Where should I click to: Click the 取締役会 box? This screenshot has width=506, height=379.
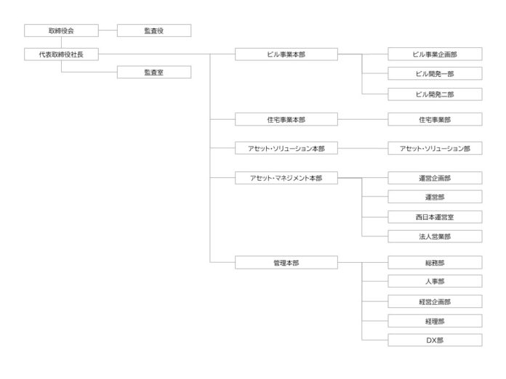[61, 30]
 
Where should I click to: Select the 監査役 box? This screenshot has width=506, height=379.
[153, 30]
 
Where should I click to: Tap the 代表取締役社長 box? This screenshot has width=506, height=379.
[61, 54]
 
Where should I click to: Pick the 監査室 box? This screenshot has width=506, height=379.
[153, 72]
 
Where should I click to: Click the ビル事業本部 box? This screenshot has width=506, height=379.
[286, 54]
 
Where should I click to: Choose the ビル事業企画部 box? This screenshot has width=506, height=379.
[435, 54]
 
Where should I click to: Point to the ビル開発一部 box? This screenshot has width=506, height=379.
[435, 73]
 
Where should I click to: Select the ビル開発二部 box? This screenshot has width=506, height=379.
[435, 94]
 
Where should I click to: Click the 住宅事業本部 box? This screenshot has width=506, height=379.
[286, 118]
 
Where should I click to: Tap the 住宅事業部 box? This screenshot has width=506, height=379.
[435, 118]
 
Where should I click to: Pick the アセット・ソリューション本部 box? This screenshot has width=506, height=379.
[286, 148]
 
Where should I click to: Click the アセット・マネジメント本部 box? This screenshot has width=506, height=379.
[286, 177]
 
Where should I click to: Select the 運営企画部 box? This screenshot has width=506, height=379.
[435, 177]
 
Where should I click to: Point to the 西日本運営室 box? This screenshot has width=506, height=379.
[435, 216]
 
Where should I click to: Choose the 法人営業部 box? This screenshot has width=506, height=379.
[435, 236]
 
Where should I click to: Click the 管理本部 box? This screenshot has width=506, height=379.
[286, 262]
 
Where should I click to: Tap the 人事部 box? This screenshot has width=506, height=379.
[435, 282]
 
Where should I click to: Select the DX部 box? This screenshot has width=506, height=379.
[435, 340]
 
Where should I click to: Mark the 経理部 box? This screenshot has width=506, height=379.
[435, 320]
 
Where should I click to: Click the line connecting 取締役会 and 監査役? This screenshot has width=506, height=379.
[107, 30]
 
